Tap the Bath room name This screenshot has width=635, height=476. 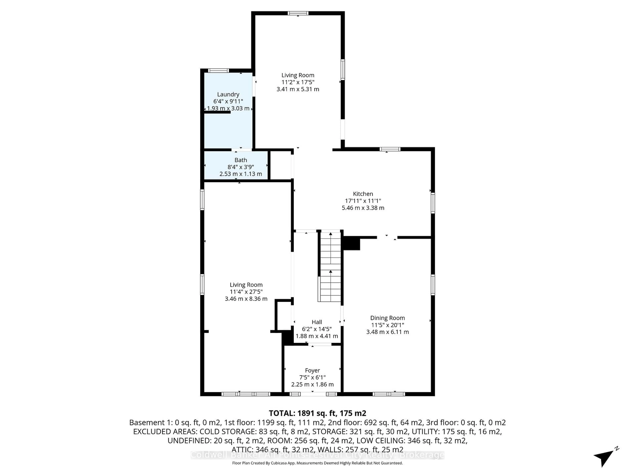click(241, 160)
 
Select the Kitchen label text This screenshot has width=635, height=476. click(363, 194)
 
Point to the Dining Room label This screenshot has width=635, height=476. click(387, 318)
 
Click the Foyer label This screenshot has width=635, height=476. click(312, 370)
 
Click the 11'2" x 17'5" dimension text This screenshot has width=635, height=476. click(298, 82)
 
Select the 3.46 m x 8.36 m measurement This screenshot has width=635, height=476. click(246, 299)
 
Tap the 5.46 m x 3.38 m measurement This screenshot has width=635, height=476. click(363, 208)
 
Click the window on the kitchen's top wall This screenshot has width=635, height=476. click(390, 149)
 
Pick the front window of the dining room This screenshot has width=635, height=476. click(389, 394)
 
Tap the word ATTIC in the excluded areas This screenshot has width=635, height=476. click(242, 450)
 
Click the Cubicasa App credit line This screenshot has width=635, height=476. click(317, 463)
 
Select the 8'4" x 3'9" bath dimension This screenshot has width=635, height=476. click(241, 167)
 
